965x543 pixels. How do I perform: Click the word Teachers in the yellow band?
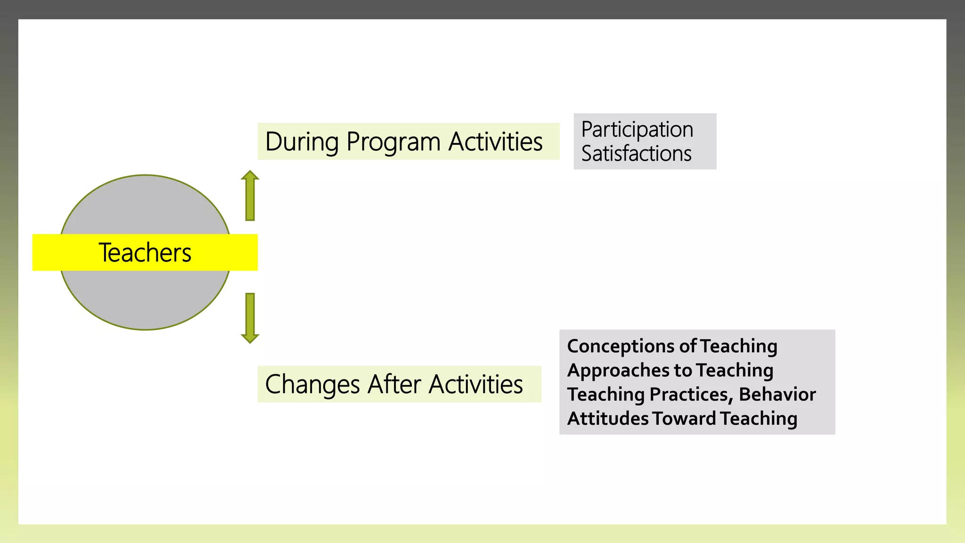145,253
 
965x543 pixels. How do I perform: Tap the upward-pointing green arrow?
250,196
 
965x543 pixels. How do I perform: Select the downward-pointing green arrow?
250,318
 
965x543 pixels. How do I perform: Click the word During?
302,142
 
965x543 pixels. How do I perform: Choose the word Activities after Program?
495,141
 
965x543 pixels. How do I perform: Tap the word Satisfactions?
636,154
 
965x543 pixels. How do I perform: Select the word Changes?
312,385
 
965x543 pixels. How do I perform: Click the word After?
394,384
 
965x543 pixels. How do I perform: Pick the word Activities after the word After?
476,384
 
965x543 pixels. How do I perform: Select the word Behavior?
777,395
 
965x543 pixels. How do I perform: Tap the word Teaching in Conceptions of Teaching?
739,346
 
